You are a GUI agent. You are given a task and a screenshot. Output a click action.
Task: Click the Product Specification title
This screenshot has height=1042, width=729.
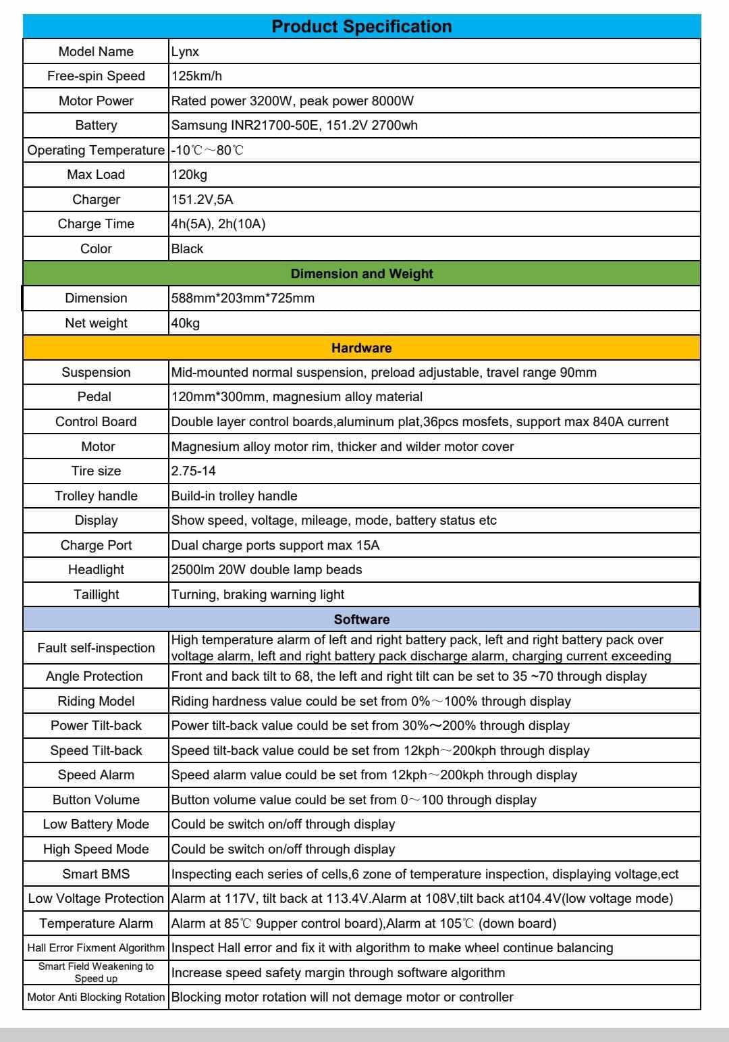361,26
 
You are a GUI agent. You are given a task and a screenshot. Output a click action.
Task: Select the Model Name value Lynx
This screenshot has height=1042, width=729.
185,51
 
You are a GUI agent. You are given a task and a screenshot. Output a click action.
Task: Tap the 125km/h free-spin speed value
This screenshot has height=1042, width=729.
196,76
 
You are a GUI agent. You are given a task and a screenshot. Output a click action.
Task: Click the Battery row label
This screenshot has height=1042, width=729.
96,125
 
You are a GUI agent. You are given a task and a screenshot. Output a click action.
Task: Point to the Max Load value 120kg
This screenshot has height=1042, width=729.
189,174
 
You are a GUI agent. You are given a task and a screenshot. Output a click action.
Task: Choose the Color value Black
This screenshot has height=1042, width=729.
187,249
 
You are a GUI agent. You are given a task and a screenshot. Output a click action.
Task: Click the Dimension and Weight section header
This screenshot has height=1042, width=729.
361,273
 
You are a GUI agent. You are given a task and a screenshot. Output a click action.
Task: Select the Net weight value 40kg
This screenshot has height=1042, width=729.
186,323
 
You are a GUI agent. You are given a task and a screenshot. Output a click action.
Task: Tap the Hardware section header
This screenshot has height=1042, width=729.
361,348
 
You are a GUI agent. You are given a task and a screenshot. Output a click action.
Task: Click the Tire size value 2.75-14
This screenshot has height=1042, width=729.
194,471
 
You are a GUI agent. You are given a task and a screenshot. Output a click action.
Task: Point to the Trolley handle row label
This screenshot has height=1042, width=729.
96,496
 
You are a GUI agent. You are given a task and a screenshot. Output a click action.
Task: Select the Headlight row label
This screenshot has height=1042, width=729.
96,569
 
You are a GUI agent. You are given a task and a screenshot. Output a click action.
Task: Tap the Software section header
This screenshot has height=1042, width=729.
361,619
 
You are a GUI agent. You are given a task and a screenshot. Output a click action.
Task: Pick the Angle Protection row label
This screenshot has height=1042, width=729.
94,676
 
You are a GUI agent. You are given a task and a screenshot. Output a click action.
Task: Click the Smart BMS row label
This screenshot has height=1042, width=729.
96,874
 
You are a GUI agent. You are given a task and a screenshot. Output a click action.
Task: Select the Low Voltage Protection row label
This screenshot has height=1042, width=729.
96,898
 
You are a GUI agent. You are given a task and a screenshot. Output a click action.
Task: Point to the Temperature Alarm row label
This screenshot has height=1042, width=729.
96,923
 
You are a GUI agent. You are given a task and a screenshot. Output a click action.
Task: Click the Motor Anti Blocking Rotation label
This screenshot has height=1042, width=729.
96,997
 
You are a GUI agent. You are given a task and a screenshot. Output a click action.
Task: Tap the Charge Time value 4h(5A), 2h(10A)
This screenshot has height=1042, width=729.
218,224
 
